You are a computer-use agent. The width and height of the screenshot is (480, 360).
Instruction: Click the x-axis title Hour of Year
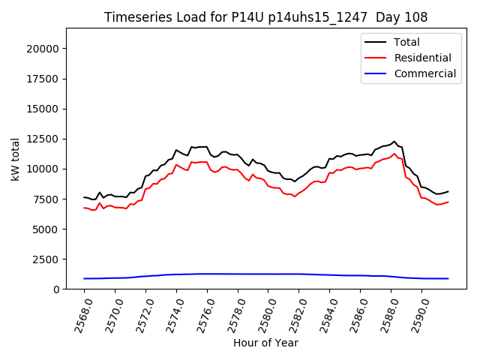(266, 343)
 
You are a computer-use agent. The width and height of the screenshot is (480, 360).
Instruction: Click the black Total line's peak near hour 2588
(394, 141)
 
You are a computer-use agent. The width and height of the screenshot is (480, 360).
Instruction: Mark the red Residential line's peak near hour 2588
(394, 154)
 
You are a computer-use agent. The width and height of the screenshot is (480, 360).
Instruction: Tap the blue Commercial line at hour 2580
(268, 274)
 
